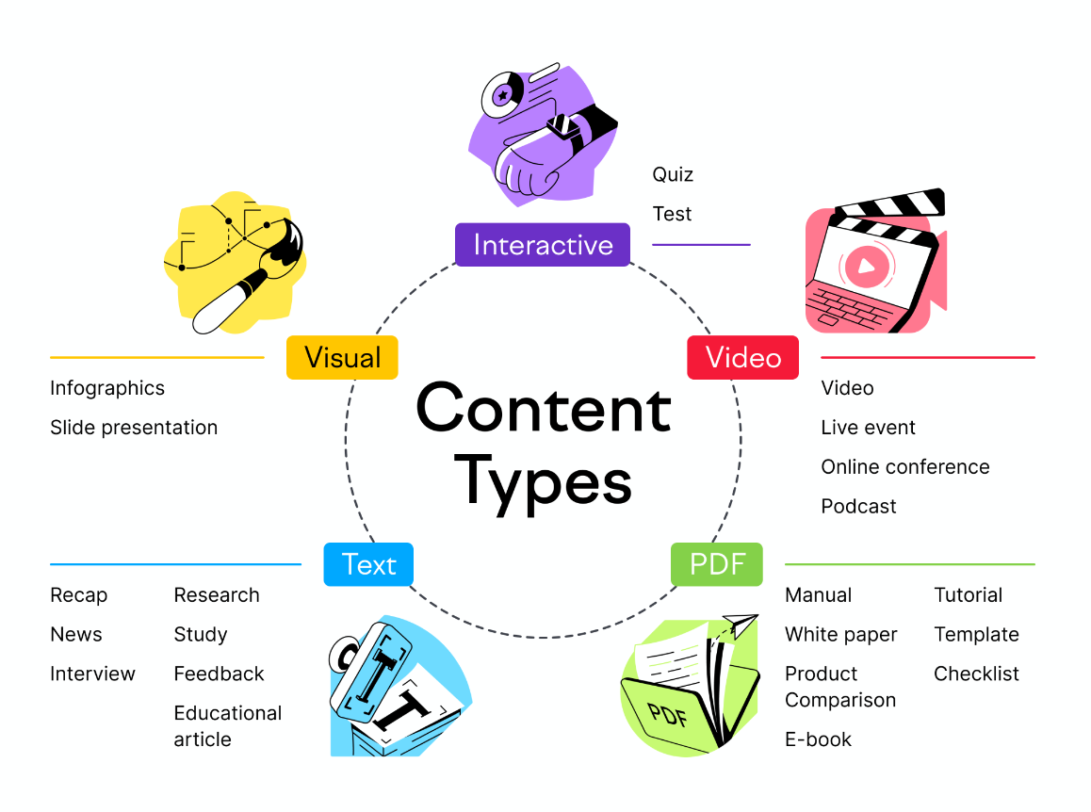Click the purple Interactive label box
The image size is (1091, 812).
pos(542,245)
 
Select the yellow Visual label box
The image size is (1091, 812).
pos(342,358)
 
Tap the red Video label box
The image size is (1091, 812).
pos(743,358)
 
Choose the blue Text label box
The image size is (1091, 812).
pos(368,564)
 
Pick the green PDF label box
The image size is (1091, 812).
pos(717,564)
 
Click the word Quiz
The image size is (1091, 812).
pos(673,174)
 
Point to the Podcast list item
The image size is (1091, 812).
pos(858,507)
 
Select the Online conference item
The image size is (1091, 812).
pos(905,467)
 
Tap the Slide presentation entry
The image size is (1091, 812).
pos(134,428)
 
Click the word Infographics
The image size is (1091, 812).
pos(107,388)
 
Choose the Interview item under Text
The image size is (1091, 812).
pos(92,674)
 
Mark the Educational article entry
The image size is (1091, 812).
pos(227,725)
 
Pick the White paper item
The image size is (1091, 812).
pos(841,635)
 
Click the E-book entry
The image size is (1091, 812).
pos(818,739)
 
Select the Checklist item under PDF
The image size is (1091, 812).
pos(976,674)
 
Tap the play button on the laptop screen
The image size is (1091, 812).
pos(866,266)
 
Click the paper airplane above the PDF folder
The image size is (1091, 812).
pos(740,625)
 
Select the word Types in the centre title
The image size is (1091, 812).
pos(543,482)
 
